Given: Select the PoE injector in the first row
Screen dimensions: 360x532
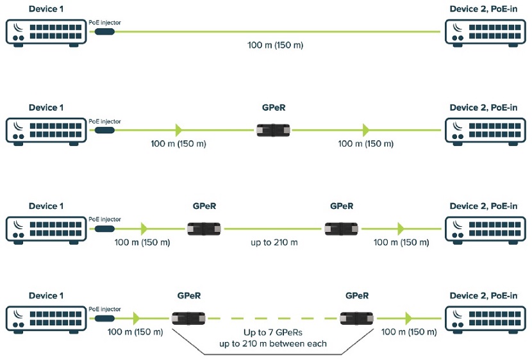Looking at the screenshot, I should pyautogui.click(x=104, y=31).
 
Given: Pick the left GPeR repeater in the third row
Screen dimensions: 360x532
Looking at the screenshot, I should pyautogui.click(x=204, y=228).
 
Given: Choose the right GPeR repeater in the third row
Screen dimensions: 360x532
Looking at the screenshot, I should pyautogui.click(x=342, y=228).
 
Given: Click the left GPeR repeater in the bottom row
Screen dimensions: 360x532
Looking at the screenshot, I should pyautogui.click(x=189, y=318).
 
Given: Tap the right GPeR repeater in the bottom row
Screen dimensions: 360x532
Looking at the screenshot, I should pyautogui.click(x=357, y=318).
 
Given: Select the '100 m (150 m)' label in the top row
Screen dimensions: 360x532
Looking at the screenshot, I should pyautogui.click(x=274, y=45).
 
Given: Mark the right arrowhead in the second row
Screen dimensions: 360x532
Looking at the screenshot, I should pyautogui.click(x=366, y=130).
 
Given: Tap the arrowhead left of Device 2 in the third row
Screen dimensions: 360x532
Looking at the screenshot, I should pyautogui.click(x=401, y=228).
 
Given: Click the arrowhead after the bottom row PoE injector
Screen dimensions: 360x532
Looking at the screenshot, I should pyautogui.click(x=135, y=318).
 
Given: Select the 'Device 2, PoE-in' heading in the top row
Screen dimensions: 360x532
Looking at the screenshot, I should pyautogui.click(x=483, y=10).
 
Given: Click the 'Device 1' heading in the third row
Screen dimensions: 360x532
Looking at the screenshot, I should pyautogui.click(x=47, y=206).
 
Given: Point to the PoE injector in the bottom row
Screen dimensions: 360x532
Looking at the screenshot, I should pyautogui.click(x=104, y=318).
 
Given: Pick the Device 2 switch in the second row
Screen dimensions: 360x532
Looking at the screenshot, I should pyautogui.click(x=484, y=130).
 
